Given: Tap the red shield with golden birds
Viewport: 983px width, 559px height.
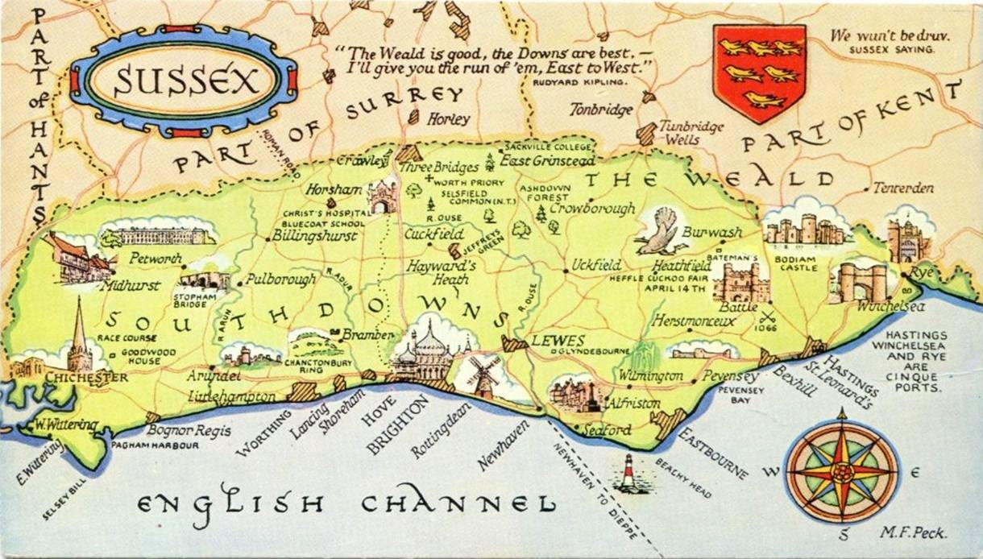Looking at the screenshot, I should click(x=759, y=72).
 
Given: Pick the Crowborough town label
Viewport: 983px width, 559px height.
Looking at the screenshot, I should click(x=592, y=208).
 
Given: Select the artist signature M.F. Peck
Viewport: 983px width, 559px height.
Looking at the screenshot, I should click(x=914, y=532).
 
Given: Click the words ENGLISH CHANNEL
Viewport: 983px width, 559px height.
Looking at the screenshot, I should click(x=347, y=504).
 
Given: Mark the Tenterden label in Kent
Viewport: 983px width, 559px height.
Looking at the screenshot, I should click(x=903, y=188).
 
